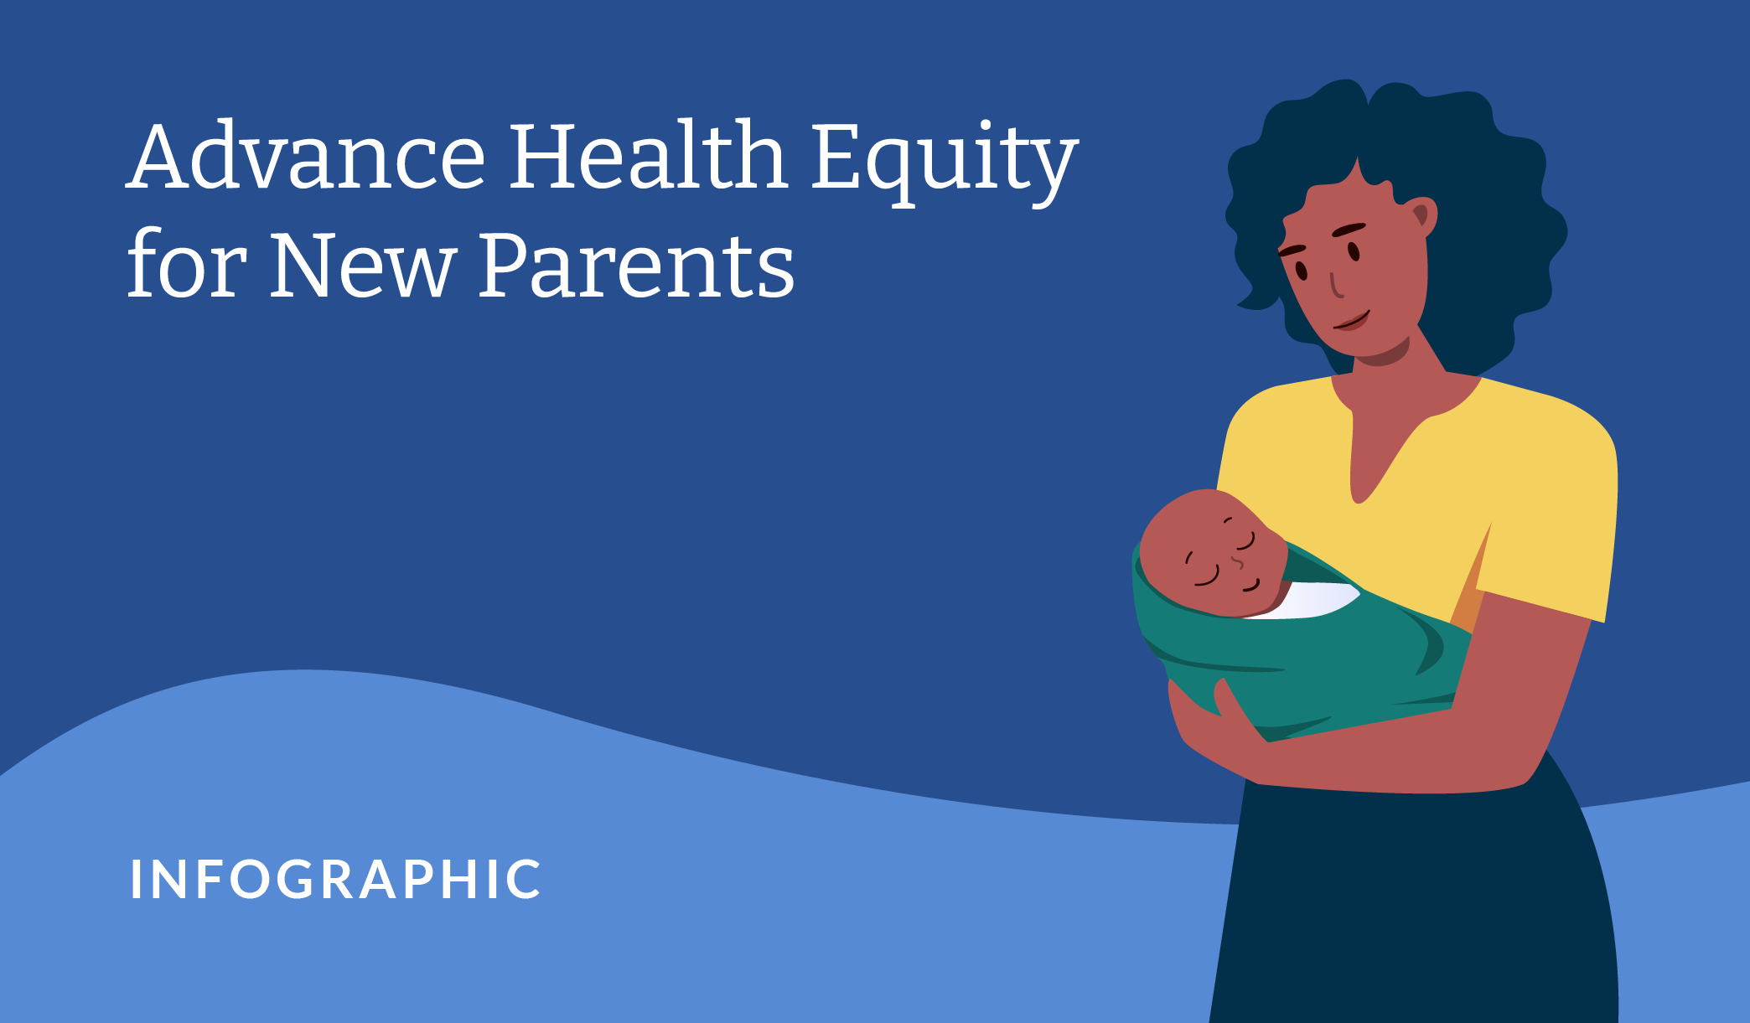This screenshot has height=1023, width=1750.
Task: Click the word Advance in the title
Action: [x=306, y=156]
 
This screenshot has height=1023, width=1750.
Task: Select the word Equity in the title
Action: [x=945, y=162]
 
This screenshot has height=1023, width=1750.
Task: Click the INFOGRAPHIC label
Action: [x=335, y=880]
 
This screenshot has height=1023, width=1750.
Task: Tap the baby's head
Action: [x=1211, y=553]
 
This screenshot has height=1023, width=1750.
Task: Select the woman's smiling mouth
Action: [x=1351, y=321]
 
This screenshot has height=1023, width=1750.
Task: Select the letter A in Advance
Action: [x=161, y=156]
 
